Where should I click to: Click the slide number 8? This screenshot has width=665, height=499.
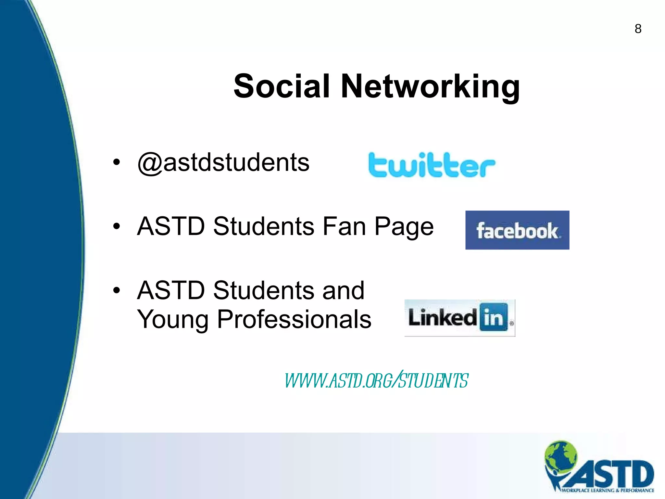coord(638,29)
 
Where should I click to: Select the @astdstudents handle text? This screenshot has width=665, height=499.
coord(223,162)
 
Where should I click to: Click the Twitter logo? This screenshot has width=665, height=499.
coord(432,165)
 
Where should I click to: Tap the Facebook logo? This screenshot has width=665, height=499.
coord(517,230)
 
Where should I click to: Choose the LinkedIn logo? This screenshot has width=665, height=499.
coord(459,318)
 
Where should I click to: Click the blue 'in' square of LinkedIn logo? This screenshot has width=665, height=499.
coord(493,317)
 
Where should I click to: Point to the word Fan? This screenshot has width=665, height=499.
coord(344,226)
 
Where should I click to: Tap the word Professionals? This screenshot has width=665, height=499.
coord(294,319)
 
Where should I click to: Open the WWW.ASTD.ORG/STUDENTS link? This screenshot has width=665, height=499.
coord(376,380)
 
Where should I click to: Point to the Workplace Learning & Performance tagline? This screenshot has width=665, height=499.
coord(607,490)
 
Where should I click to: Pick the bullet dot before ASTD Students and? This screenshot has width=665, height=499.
coord(116,290)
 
